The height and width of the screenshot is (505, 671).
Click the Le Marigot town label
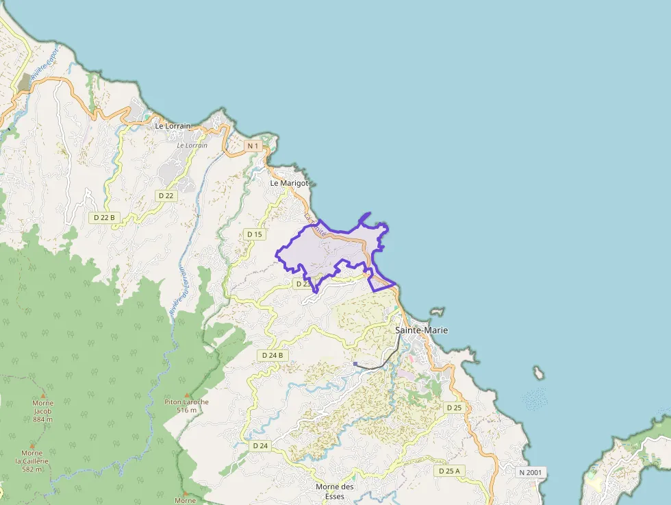pyautogui.click(x=290, y=184)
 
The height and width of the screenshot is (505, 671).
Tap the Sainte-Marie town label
pyautogui.click(x=422, y=330)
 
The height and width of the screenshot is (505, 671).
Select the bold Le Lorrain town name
pyautogui.click(x=173, y=126)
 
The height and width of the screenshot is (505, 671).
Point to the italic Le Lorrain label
pyautogui.click(x=192, y=145)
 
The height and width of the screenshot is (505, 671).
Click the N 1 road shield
pyautogui.click(x=253, y=146)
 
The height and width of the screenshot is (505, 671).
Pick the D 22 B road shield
pyautogui.click(x=105, y=217)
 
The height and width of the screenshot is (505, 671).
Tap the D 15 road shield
pyautogui.click(x=254, y=234)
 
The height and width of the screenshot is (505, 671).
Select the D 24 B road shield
pyautogui.click(x=273, y=356)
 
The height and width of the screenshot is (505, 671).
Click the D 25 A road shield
pyautogui.click(x=448, y=471)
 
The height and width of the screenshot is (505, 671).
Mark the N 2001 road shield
pyautogui.click(x=531, y=473)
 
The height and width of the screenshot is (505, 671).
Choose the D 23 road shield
pyautogui.click(x=303, y=283)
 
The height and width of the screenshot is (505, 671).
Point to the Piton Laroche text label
pyautogui.click(x=186, y=402)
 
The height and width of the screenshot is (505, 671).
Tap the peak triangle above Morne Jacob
pyautogui.click(x=43, y=395)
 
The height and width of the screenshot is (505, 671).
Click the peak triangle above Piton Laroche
pyautogui.click(x=186, y=394)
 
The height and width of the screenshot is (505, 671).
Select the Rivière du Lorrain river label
pyautogui.click(x=179, y=291)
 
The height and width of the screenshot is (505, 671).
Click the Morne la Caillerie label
pyautogui.click(x=31, y=457)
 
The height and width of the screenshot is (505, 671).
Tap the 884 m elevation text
pyautogui.click(x=42, y=419)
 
